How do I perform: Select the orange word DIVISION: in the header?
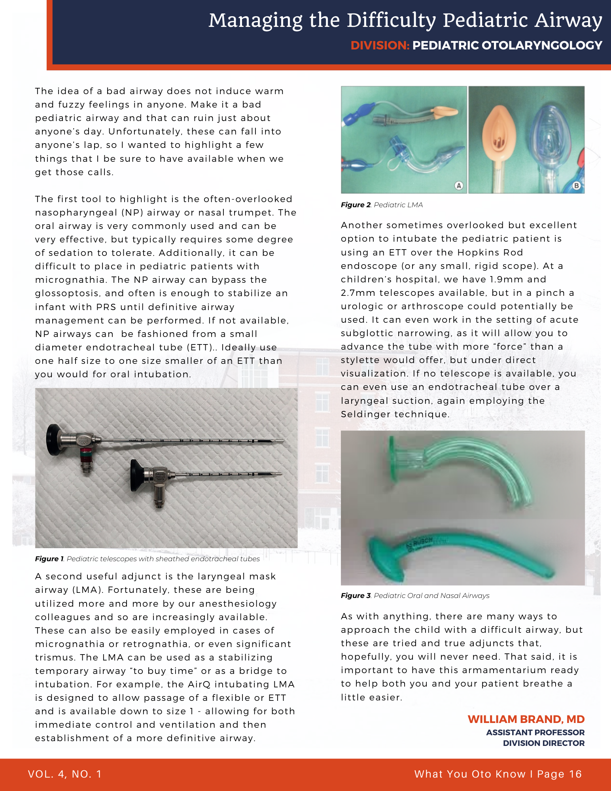click(x=380, y=45)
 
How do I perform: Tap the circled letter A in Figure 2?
click(x=458, y=185)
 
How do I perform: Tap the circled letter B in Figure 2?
click(x=576, y=185)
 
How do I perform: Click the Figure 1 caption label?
click(x=49, y=559)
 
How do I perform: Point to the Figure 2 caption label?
click(x=356, y=205)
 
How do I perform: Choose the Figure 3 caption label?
click(x=356, y=596)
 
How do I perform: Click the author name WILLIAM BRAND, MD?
click(x=526, y=719)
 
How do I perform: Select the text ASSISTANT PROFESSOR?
click(x=535, y=732)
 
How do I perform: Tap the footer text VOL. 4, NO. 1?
click(x=65, y=774)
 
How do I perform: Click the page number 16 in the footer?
click(x=575, y=774)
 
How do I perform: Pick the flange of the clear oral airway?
click(x=392, y=459)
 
